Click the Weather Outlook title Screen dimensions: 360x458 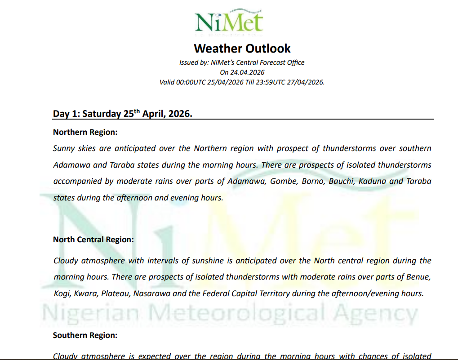(242, 49)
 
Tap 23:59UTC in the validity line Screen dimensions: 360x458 (278, 82)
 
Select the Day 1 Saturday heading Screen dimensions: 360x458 (123, 114)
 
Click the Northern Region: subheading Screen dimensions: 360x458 (85, 132)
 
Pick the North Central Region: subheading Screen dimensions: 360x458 (93, 240)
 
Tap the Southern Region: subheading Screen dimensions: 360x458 (85, 335)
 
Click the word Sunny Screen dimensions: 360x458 (64, 148)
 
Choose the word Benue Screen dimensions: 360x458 (418, 277)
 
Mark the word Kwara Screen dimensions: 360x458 (85, 293)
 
